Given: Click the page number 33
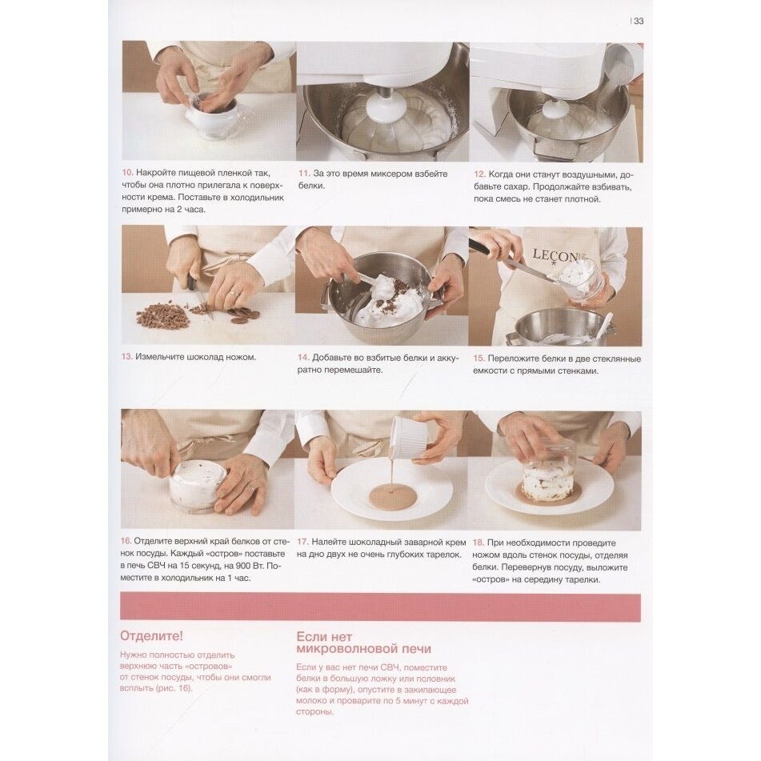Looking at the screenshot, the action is [x=639, y=21].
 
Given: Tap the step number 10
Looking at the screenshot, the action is [x=126, y=173].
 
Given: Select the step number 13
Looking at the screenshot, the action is [x=126, y=357].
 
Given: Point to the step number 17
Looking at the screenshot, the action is [x=302, y=542].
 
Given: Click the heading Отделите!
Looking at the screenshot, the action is [x=151, y=636].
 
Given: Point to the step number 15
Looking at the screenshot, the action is [x=479, y=358].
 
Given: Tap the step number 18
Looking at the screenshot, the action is [x=478, y=543].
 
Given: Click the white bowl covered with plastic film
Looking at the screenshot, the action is [x=213, y=115].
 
